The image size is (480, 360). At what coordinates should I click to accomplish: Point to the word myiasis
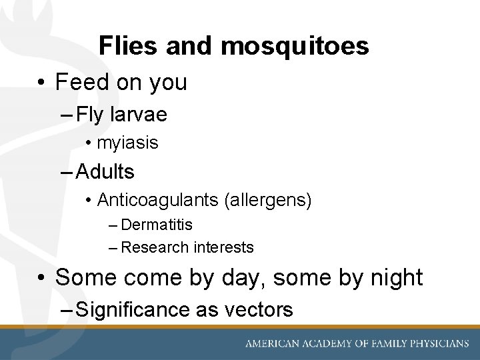point(127,143)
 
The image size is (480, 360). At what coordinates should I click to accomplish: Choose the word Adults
point(105,172)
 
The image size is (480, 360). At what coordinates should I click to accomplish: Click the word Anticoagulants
point(156,200)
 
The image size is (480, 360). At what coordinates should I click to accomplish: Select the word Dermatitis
point(157,225)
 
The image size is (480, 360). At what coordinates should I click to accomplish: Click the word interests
point(223,247)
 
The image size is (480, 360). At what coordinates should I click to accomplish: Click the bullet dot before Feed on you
point(41,83)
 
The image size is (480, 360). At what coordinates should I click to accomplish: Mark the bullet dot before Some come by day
point(41,277)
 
